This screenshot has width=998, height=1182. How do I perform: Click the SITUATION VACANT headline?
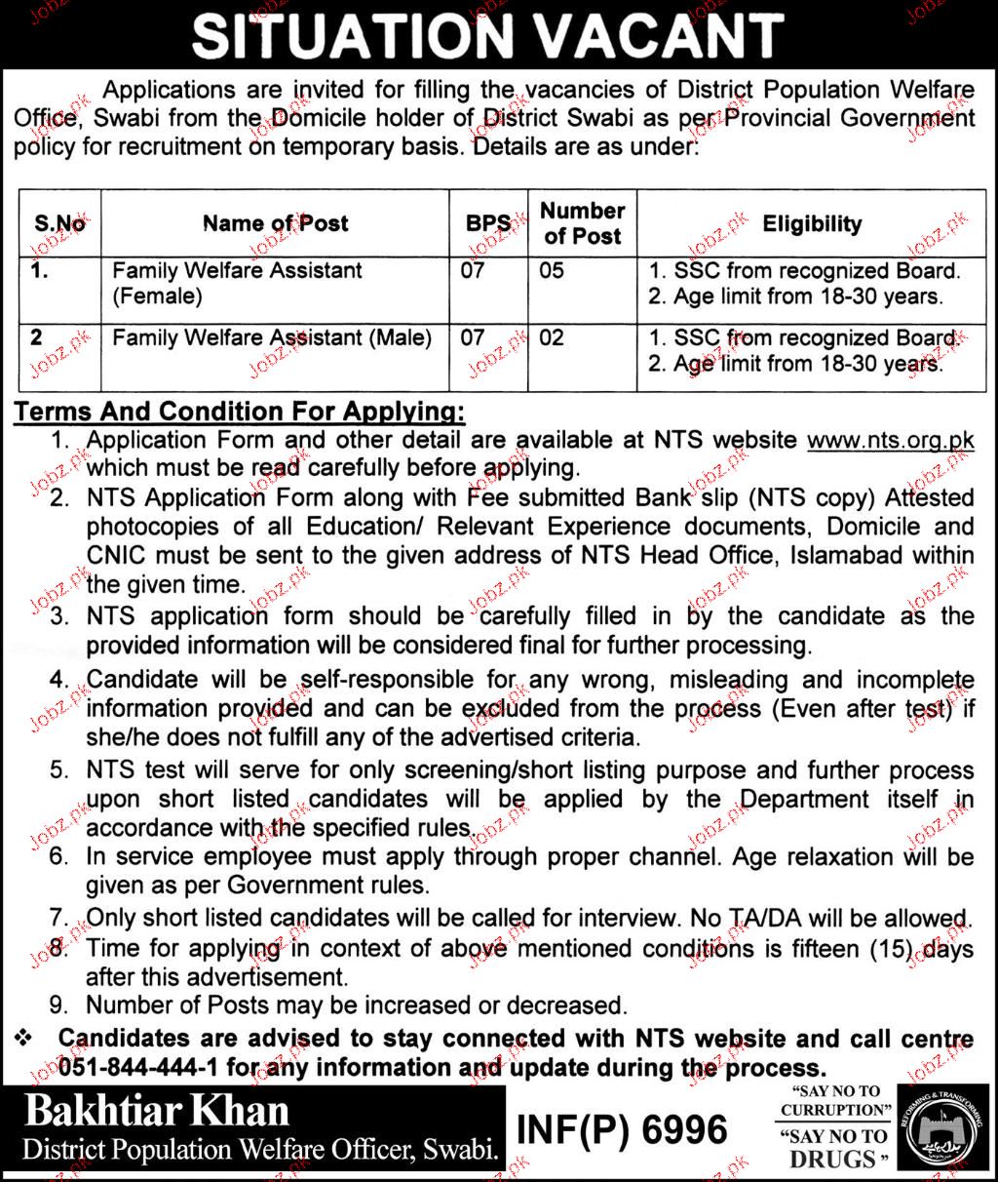[x=487, y=37]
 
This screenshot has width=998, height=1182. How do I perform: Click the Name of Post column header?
[x=275, y=223]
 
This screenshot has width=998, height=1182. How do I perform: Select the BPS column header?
[x=487, y=223]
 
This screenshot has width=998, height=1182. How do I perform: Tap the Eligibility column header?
[x=812, y=223]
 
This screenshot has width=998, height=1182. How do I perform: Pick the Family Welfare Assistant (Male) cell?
[x=272, y=338]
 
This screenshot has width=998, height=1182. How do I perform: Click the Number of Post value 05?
[x=552, y=269]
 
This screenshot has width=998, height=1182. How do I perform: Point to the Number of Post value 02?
[x=552, y=338]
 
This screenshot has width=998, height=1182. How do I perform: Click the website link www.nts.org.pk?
[x=891, y=440]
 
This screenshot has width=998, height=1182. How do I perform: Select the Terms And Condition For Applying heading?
[x=239, y=410]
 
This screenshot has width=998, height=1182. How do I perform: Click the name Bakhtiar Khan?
[x=157, y=1111]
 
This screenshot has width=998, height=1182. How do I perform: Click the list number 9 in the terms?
[x=62, y=1004]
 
